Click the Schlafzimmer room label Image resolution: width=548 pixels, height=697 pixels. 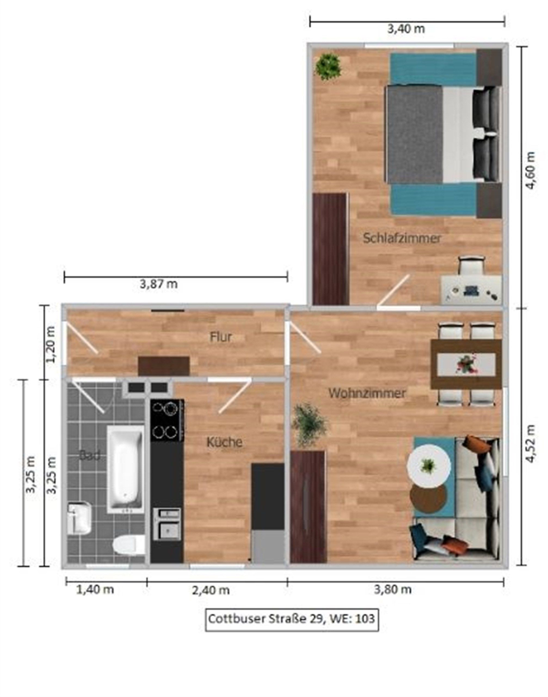click(x=402, y=238)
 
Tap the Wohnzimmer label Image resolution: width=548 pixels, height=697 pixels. click(x=367, y=393)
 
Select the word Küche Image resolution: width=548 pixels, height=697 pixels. click(x=224, y=442)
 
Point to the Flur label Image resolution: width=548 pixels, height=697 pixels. click(x=221, y=337)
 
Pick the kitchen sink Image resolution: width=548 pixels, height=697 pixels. click(x=167, y=524)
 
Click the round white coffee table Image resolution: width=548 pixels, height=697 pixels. click(x=429, y=466)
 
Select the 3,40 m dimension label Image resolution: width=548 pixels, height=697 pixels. click(x=406, y=29)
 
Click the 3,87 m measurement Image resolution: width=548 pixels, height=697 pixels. click(x=159, y=284)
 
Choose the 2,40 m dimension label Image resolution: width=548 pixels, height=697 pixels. click(x=211, y=590)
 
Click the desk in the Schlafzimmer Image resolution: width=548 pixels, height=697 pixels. click(x=471, y=290)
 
